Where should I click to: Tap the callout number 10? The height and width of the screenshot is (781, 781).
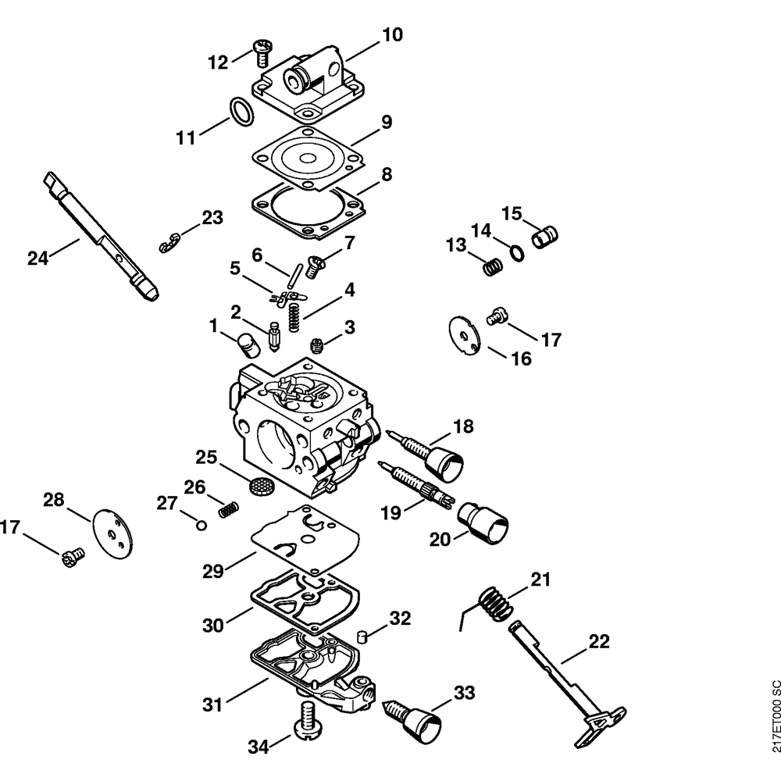click(392, 35)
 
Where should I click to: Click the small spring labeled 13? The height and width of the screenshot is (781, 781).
click(493, 267)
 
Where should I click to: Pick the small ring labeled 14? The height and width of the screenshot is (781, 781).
click(517, 253)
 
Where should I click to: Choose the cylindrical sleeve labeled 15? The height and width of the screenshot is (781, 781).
click(544, 236)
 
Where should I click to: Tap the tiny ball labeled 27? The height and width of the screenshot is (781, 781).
click(201, 525)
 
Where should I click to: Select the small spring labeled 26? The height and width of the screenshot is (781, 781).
click(229, 509)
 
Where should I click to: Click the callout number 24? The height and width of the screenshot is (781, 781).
click(37, 258)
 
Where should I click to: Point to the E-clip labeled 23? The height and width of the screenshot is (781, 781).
click(169, 242)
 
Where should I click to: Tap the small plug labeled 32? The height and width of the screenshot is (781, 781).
click(362, 637)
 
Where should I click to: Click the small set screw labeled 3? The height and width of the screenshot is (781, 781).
click(317, 344)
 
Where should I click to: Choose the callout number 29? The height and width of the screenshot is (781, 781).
click(212, 572)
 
